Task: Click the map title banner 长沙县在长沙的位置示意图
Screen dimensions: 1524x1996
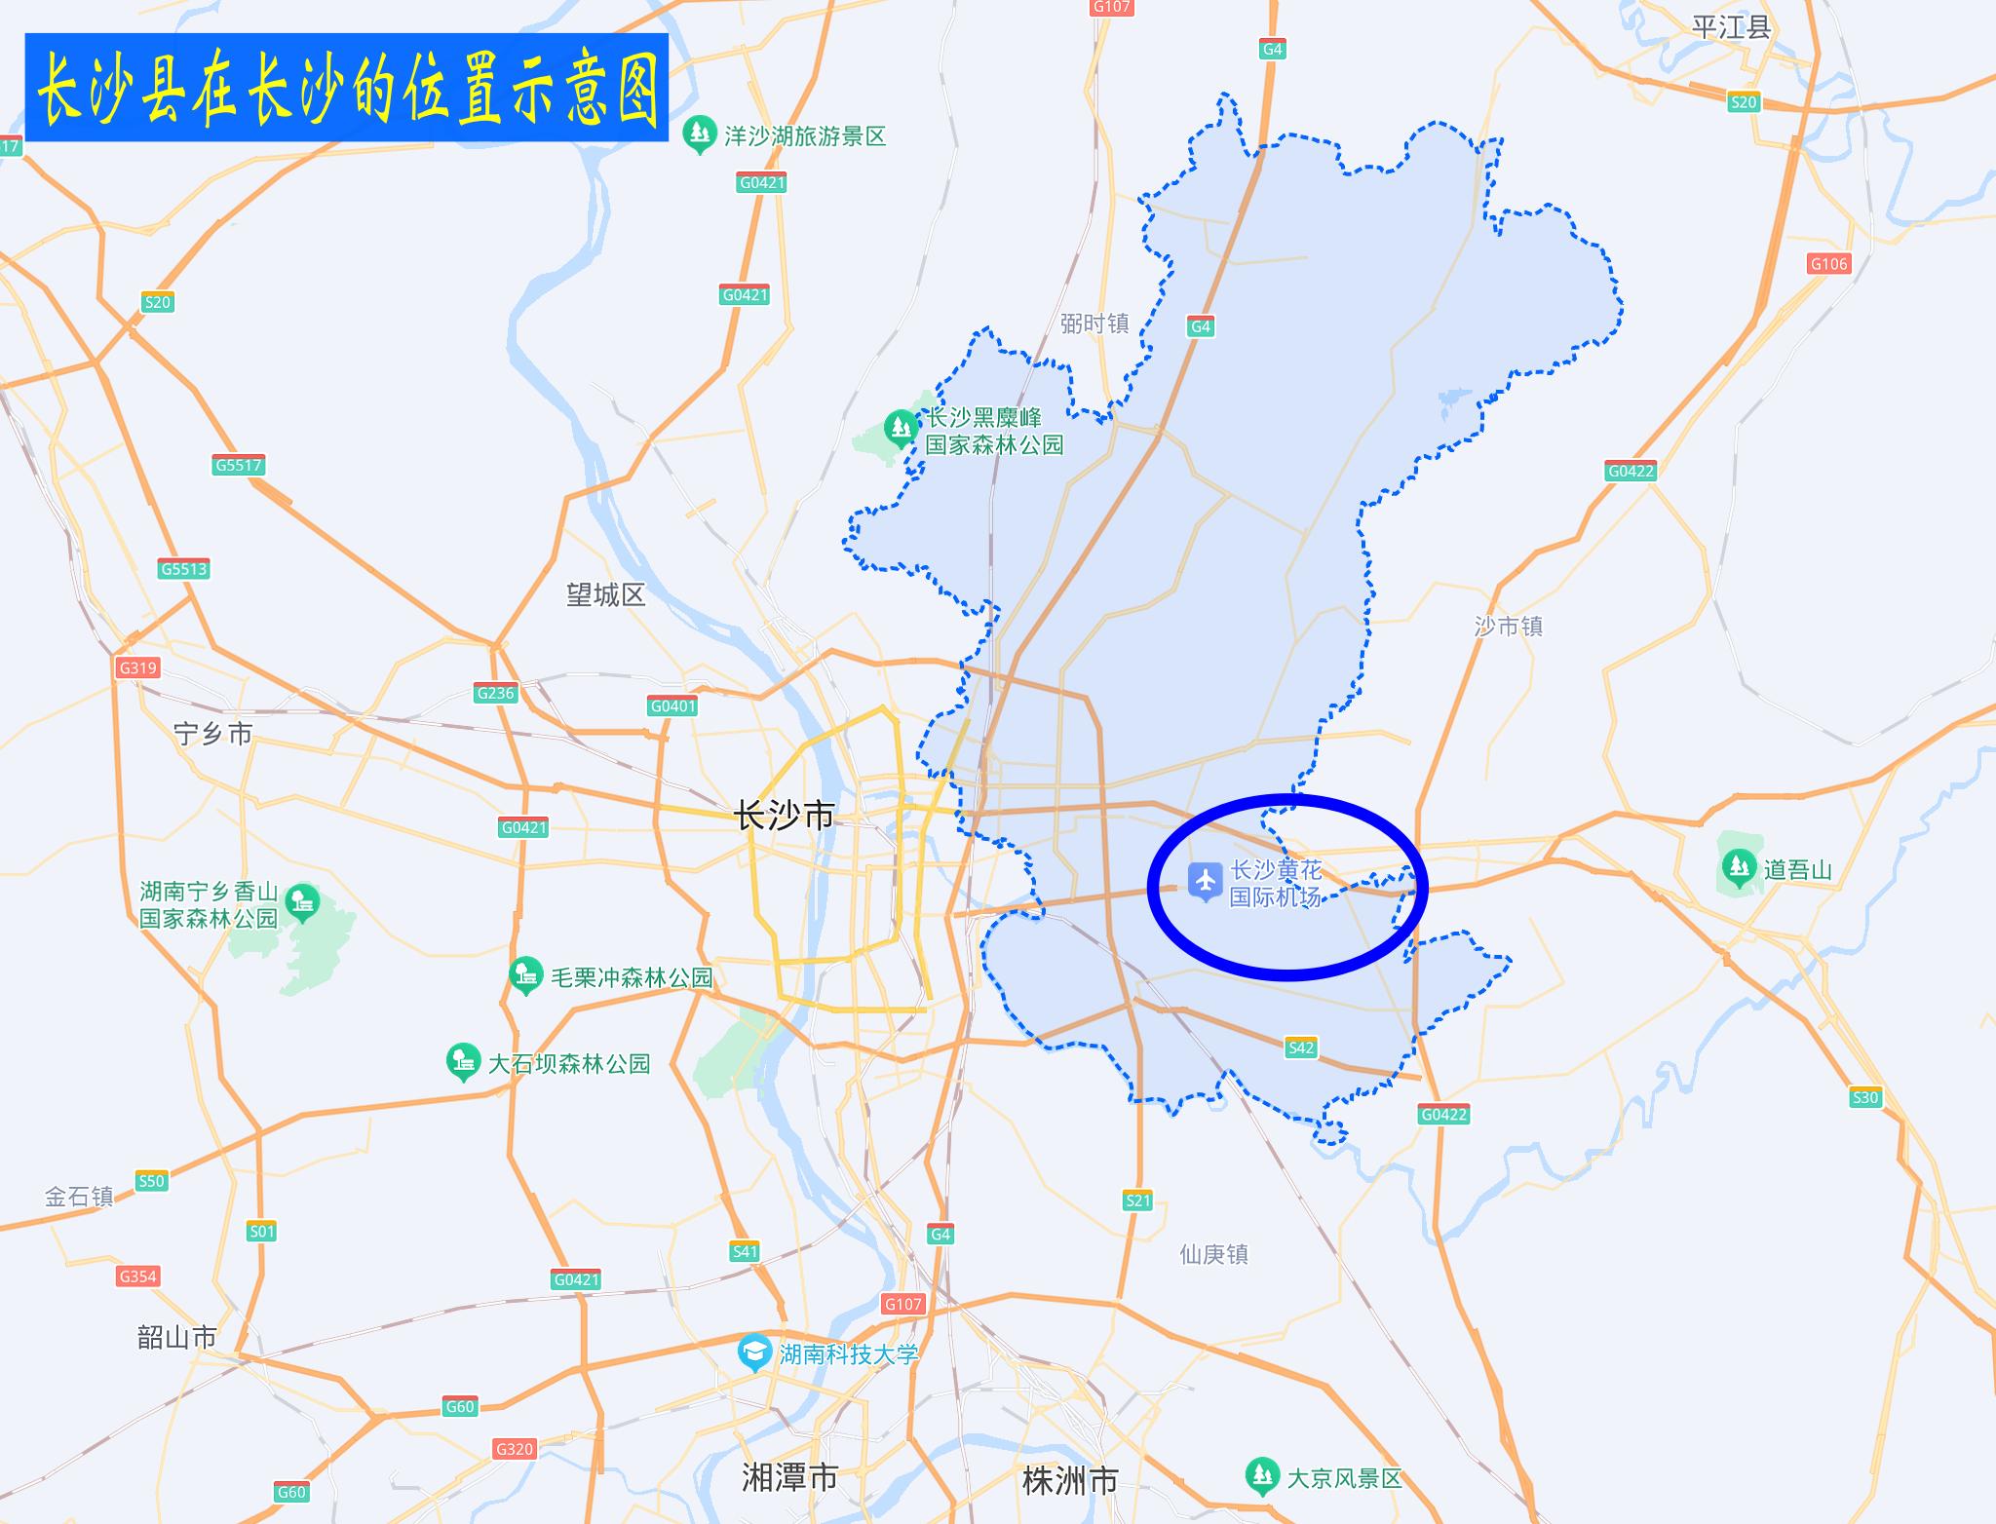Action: [347, 88]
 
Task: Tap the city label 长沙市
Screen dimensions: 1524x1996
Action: [785, 815]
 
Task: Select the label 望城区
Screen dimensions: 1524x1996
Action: [606, 594]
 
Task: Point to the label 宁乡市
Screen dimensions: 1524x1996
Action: [213, 733]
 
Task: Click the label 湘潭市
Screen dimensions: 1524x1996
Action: [789, 1477]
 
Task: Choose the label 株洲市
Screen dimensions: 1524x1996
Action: [1069, 1480]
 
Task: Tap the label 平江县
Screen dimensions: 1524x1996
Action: [1731, 27]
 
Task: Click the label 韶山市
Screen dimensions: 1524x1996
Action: [177, 1337]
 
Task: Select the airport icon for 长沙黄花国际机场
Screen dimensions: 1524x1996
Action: [1206, 882]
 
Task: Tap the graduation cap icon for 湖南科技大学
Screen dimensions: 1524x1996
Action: [753, 1353]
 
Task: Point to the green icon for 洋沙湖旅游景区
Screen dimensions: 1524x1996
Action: [699, 134]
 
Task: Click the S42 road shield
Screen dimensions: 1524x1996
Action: [1301, 1048]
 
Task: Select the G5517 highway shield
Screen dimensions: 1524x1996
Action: [239, 465]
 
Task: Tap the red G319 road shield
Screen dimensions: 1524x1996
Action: [137, 667]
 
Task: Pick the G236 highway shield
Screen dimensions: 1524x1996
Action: [495, 693]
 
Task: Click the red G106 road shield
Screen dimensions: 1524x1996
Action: [1828, 263]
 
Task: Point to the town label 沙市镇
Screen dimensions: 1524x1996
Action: [1509, 626]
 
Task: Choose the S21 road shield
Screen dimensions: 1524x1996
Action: [1137, 1200]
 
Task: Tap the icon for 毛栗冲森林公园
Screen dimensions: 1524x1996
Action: [526, 975]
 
